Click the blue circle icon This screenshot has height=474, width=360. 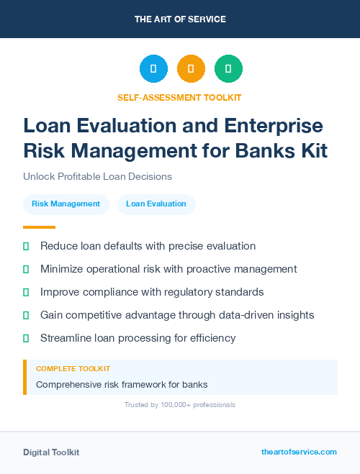[x=153, y=69]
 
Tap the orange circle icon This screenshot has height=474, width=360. [x=191, y=69]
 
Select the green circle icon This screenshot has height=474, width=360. [x=228, y=69]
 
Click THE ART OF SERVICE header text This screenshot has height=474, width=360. [x=180, y=19]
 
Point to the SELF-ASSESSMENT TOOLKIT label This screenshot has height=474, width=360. [x=179, y=97]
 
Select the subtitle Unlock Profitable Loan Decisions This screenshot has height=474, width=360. [x=97, y=176]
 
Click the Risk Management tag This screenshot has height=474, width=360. [x=66, y=204]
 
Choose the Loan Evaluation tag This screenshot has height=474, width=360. [x=156, y=204]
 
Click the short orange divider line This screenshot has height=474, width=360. [x=39, y=227]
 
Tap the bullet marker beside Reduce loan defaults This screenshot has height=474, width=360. [x=26, y=247]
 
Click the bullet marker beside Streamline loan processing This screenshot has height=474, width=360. [x=26, y=338]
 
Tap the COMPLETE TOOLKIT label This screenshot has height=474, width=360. [x=73, y=369]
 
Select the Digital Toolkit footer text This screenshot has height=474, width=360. [x=51, y=452]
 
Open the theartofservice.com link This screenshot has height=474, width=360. [x=299, y=452]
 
